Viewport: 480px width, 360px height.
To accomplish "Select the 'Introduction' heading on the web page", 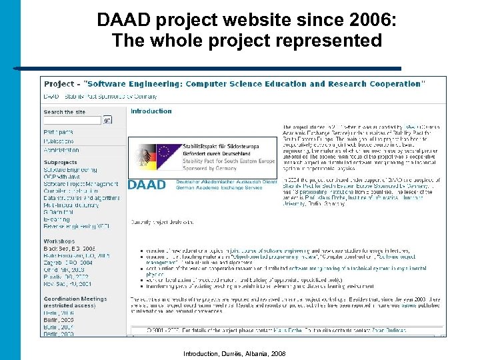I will (151, 111).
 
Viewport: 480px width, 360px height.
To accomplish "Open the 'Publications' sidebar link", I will (59, 141).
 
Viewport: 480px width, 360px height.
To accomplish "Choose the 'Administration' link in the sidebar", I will (61, 150).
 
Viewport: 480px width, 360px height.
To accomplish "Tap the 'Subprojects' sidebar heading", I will (60, 162).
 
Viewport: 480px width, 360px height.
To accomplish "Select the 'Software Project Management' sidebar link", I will (80, 184).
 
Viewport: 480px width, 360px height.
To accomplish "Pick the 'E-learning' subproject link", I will (56, 219).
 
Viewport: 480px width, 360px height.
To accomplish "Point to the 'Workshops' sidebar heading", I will (59, 241).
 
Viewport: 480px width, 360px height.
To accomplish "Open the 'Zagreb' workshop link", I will (67, 263).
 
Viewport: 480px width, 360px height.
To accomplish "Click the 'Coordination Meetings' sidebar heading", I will (75, 299).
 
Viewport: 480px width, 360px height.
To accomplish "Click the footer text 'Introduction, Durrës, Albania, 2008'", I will (234, 353).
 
